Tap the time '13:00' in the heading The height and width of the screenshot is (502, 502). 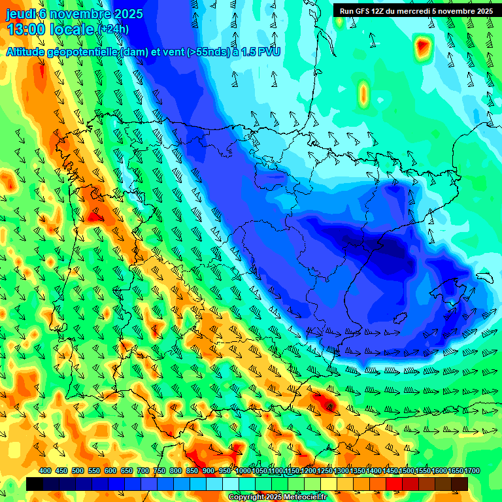(26, 29)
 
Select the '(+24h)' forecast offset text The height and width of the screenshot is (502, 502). (113, 29)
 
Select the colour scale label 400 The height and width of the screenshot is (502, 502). (45, 471)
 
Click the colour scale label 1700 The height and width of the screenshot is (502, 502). (454, 471)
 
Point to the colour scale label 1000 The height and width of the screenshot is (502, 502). (243, 471)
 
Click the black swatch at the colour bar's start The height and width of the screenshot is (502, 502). (35, 484)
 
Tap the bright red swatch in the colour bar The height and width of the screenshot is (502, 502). (394, 484)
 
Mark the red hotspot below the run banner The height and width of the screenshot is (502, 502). (423, 46)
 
